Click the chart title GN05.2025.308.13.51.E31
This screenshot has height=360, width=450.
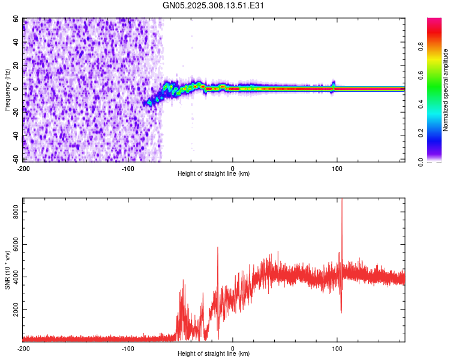pos(214,5)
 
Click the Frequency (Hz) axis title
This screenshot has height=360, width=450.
pos(7,89)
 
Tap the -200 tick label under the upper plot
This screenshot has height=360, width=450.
pos(23,168)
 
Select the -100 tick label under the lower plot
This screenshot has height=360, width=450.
pos(128,348)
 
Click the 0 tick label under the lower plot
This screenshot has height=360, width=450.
pos(233,348)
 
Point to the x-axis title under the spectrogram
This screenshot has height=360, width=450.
pos(214,174)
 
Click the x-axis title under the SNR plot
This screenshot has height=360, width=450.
pos(214,354)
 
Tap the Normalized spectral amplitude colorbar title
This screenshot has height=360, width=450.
pos(446,90)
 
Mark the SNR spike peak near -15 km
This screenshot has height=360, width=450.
pos(218,248)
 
